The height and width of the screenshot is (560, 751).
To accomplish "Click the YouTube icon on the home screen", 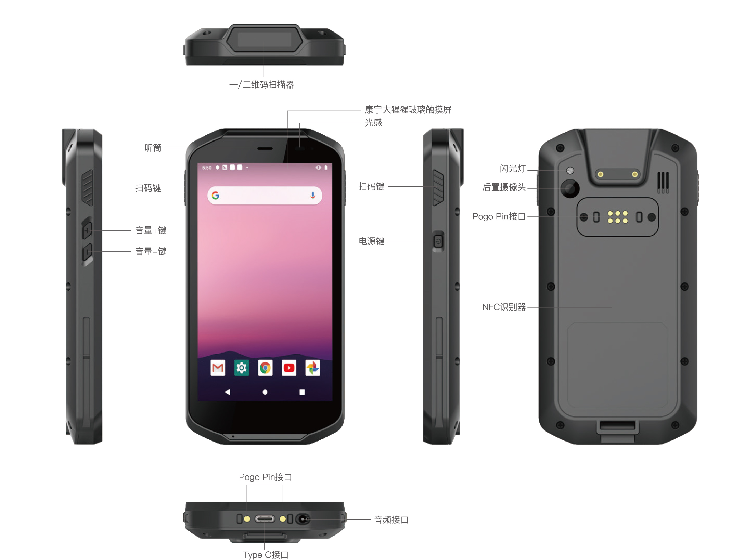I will click(x=289, y=368).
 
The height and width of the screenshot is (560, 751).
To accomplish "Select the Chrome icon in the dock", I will click(x=265, y=368).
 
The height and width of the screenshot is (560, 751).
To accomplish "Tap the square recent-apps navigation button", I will click(x=302, y=392).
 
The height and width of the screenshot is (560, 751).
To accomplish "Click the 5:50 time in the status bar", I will click(x=207, y=168).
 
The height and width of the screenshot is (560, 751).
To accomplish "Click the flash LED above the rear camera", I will click(x=570, y=171).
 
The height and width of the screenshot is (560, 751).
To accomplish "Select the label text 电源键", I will click(x=372, y=241).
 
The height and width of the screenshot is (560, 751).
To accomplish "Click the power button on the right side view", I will click(x=438, y=241).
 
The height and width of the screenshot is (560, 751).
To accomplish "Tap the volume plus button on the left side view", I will click(x=87, y=231).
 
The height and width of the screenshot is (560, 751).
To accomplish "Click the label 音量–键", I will click(x=151, y=251).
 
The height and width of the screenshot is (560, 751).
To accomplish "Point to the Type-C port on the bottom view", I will click(x=265, y=519).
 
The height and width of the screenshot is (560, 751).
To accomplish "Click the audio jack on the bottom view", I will click(x=302, y=519).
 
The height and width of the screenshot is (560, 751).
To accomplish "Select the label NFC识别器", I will click(x=504, y=307).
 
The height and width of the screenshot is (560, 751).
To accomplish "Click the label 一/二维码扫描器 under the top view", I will click(x=262, y=85).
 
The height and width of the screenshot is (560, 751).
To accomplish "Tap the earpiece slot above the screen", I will click(x=265, y=149).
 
